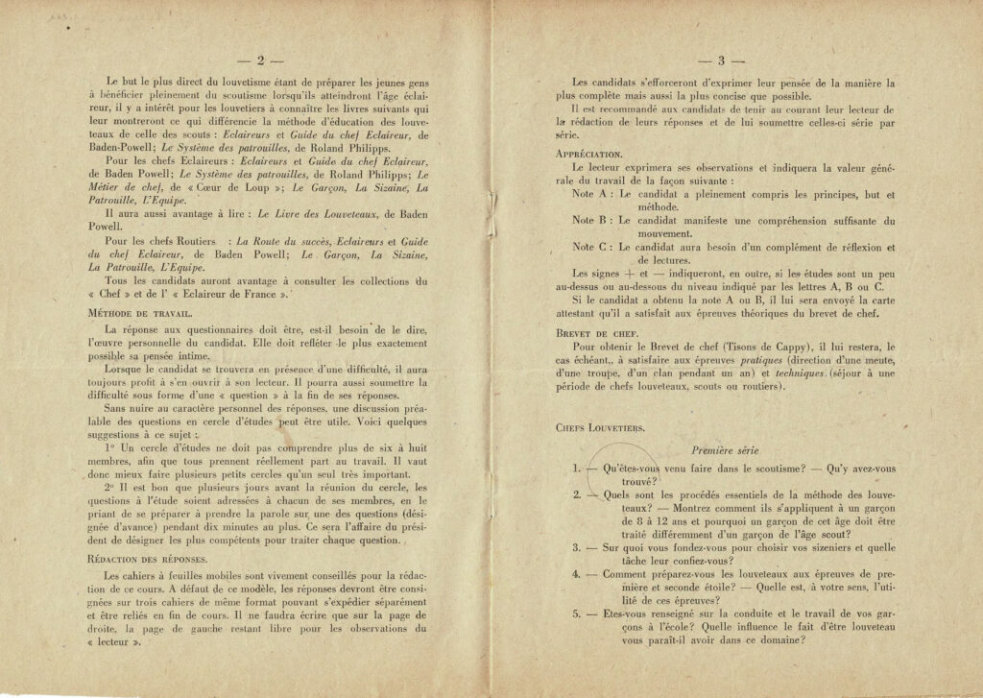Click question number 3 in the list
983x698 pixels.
(x=575, y=547)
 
